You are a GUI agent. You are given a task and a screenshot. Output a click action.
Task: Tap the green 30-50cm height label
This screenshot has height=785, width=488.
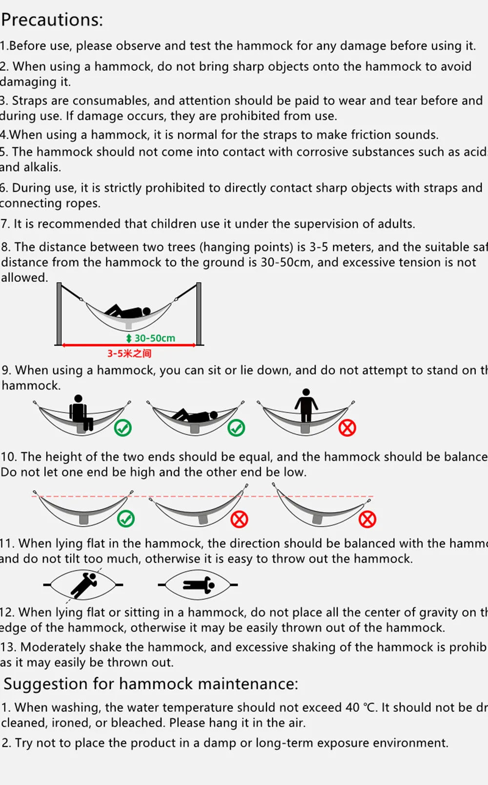tap(155, 338)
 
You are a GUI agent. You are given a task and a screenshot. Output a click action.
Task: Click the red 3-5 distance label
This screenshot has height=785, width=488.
tap(129, 353)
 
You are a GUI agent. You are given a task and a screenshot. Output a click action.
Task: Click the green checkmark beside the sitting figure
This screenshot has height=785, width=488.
tap(123, 428)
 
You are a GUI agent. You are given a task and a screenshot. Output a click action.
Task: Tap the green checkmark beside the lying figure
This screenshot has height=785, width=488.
tap(236, 428)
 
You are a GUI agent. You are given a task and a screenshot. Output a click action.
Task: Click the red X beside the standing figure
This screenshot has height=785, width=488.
tap(347, 428)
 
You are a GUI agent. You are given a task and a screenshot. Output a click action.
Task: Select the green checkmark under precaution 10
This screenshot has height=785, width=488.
tap(126, 518)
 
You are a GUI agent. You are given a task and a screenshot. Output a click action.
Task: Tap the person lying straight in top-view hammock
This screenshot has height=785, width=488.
tap(198, 584)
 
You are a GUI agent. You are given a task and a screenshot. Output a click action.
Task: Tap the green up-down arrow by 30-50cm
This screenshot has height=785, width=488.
tap(129, 338)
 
